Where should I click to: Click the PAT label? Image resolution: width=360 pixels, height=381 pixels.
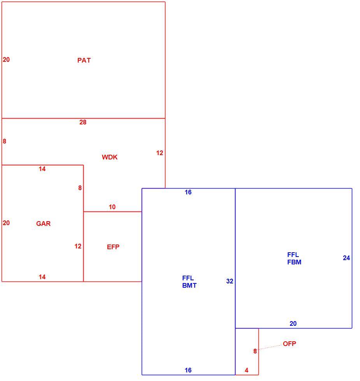[84, 60]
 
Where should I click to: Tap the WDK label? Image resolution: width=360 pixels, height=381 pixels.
[110, 157]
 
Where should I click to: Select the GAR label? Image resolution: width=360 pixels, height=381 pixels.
[43, 224]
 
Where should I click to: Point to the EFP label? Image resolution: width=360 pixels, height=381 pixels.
[113, 247]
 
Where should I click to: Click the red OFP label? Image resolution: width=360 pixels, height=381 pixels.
[290, 344]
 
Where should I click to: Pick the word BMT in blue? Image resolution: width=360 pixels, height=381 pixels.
[189, 285]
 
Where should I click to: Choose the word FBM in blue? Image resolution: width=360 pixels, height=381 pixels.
[294, 262]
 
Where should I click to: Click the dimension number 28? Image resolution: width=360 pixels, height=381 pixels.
[83, 122]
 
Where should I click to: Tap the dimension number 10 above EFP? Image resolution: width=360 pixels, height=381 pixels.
[112, 207]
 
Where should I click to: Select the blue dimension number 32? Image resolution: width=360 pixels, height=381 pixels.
[230, 281]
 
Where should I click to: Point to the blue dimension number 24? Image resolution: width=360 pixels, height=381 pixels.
[346, 258]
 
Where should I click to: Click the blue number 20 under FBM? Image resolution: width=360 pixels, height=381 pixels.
[293, 323]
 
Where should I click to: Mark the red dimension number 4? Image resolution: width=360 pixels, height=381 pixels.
[247, 370]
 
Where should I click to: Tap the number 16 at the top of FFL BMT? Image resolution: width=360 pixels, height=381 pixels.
[188, 192]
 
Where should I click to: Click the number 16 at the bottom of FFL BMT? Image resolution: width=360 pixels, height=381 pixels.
[188, 370]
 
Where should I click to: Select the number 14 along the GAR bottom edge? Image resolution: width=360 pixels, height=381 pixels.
[42, 277]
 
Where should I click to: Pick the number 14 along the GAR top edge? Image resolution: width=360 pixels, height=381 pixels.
[42, 169]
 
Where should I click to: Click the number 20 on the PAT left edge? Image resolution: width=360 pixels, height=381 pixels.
[6, 59]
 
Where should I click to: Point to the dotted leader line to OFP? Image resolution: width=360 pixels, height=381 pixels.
[270, 347]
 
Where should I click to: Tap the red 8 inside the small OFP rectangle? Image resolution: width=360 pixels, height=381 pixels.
[255, 351]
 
